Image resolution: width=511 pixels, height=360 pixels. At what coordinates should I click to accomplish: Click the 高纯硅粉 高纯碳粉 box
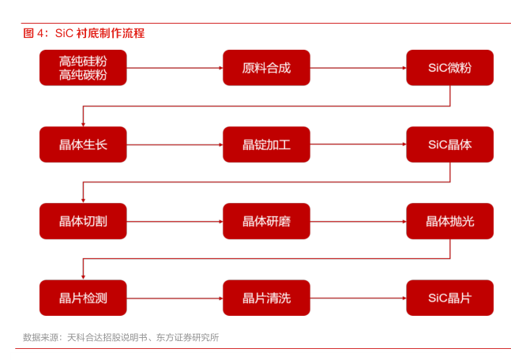click(83, 68)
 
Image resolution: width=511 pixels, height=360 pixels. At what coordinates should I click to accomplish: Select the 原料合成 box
click(266, 68)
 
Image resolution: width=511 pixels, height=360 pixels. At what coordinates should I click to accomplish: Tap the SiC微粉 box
click(449, 68)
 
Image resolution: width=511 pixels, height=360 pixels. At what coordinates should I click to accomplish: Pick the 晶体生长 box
click(83, 144)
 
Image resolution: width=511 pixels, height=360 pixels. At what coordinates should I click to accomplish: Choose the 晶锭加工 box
click(266, 144)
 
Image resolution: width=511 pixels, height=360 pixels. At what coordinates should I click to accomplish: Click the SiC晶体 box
click(449, 144)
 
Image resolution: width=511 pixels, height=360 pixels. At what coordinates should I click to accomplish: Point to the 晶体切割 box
click(83, 221)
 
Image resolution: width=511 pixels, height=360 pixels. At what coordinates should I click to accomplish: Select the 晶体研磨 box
click(266, 221)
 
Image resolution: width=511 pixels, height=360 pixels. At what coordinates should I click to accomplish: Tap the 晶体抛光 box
click(449, 221)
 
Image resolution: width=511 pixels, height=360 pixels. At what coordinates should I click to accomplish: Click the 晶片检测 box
click(83, 298)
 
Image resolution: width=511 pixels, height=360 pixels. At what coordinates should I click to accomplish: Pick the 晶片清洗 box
click(266, 298)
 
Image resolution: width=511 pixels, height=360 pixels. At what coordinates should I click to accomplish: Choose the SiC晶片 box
click(449, 298)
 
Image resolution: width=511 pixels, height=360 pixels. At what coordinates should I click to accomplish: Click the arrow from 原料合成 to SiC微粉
click(358, 68)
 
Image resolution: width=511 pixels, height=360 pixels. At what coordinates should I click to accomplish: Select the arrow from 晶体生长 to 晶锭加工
click(175, 144)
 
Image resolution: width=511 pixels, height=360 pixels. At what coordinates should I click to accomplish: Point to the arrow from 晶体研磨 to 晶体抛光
click(358, 221)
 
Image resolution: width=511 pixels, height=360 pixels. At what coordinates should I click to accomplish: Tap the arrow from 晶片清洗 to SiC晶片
click(358, 298)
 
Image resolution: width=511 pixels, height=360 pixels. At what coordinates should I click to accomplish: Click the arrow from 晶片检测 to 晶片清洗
click(175, 298)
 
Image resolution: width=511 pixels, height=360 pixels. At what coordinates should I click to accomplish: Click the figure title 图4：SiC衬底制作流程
click(84, 33)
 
